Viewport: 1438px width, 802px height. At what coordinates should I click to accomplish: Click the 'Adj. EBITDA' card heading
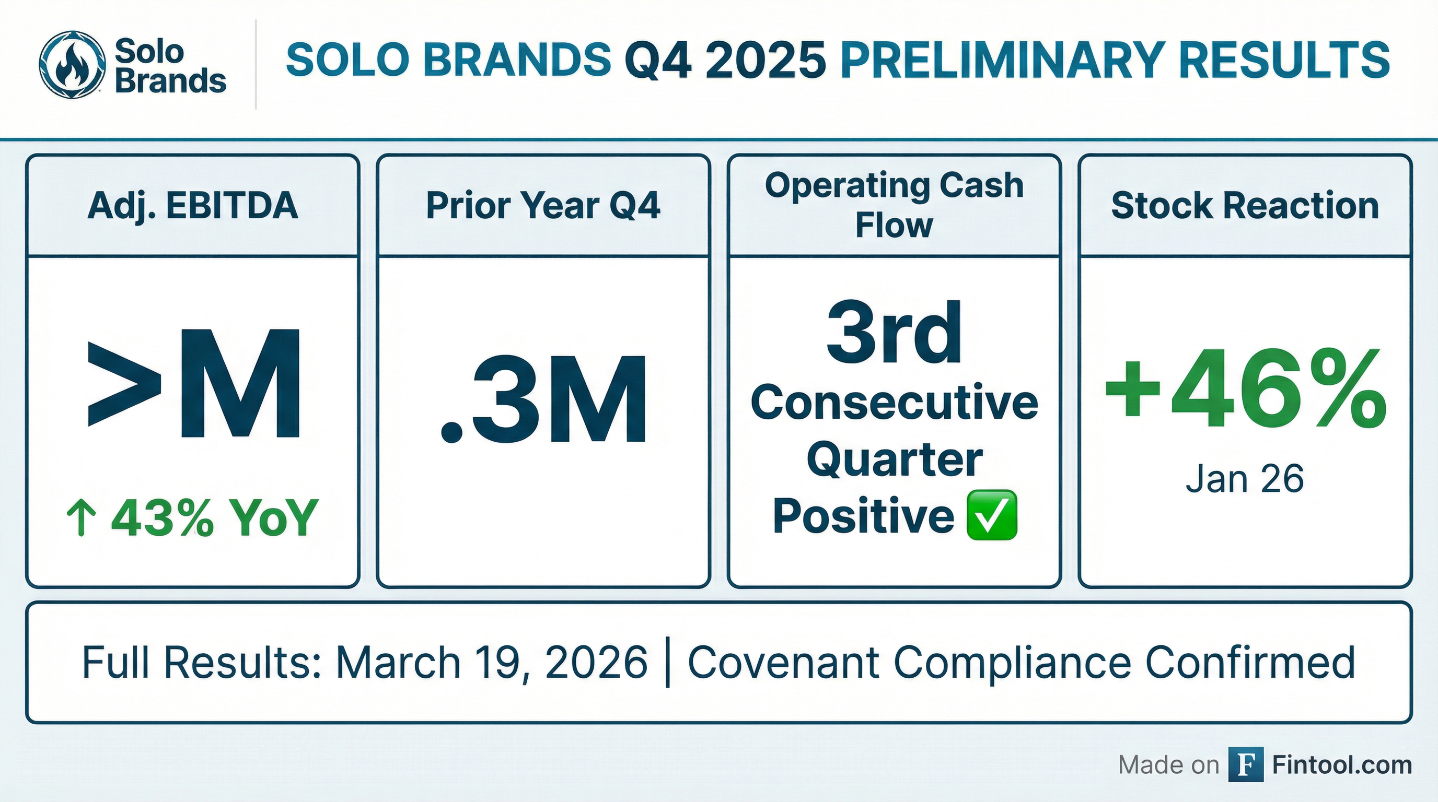point(193,206)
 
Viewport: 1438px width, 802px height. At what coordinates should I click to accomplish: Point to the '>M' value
point(195,384)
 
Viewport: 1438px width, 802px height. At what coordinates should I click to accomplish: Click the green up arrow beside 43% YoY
point(81,517)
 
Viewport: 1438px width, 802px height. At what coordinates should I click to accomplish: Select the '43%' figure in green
point(163,517)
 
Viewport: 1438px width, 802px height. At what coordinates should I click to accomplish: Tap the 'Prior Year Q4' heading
point(543,205)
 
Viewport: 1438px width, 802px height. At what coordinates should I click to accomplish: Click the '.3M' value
point(544,399)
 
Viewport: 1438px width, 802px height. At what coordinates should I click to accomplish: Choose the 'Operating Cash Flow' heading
point(894,205)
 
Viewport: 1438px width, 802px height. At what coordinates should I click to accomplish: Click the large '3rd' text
point(894,333)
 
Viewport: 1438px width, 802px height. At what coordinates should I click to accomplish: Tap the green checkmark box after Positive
point(991,515)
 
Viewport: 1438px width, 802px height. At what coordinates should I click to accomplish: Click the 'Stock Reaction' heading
point(1245,205)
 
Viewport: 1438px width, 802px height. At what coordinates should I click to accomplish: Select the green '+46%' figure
point(1245,390)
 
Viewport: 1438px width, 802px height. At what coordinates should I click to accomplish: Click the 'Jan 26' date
point(1245,478)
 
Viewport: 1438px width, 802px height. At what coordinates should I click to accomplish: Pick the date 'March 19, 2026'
point(492,662)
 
